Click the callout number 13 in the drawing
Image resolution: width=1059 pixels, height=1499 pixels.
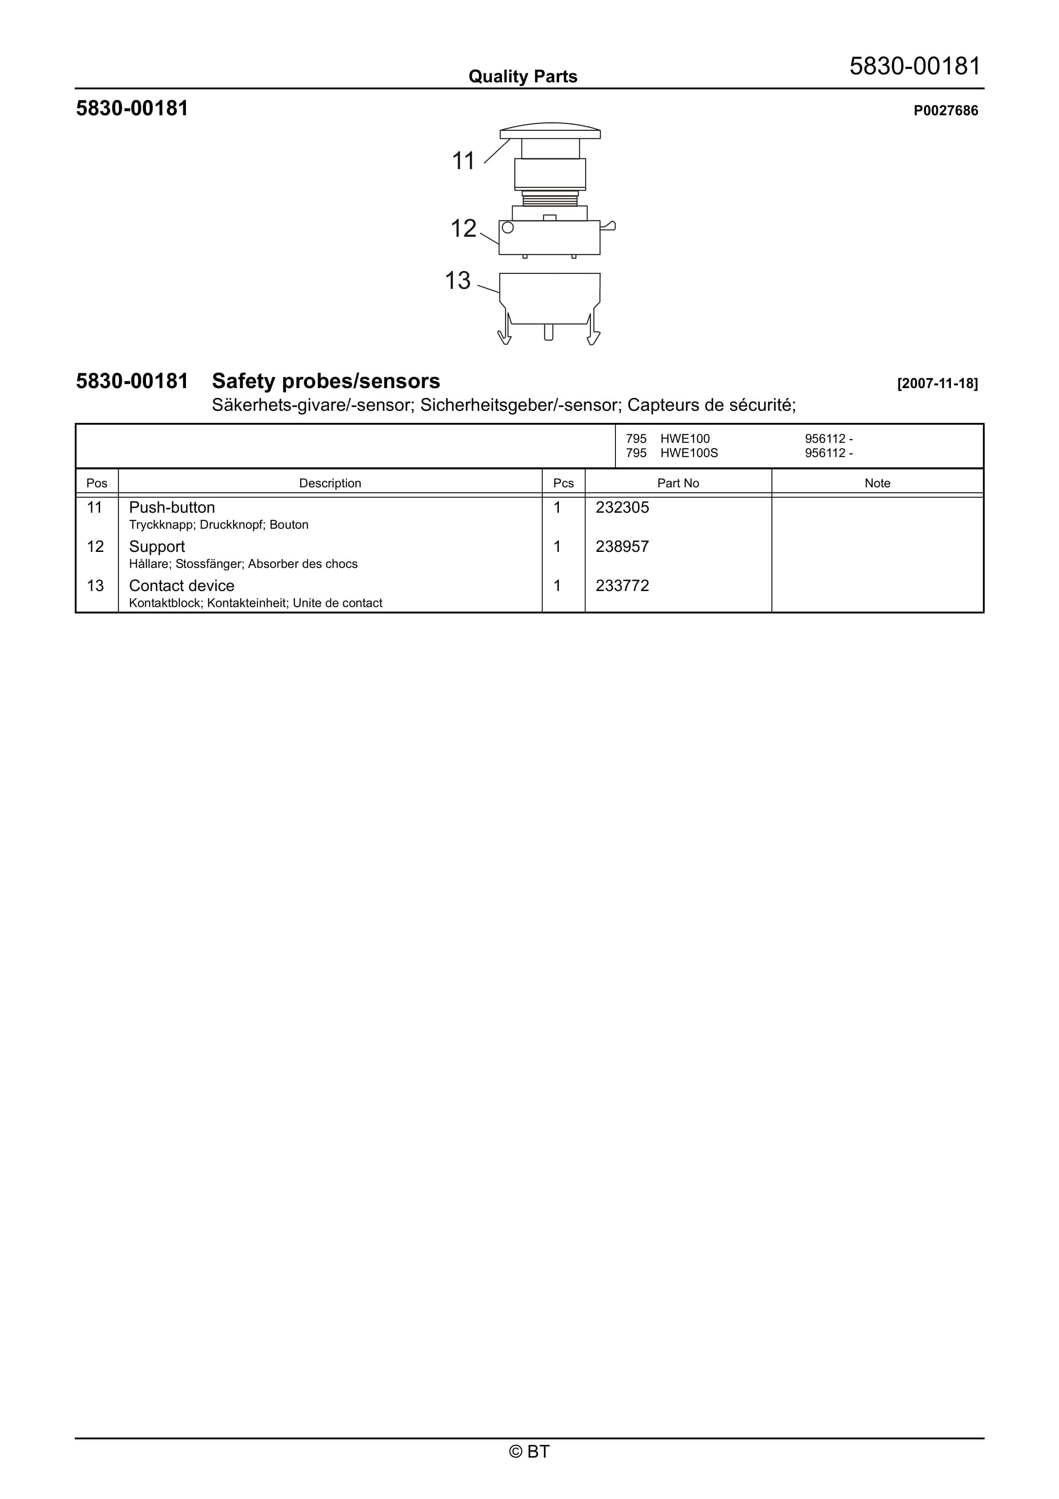coord(458,281)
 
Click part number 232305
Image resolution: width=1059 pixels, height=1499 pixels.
coord(622,507)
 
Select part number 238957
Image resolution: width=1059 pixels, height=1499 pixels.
coord(622,547)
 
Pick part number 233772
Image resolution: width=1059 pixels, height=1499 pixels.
coord(622,586)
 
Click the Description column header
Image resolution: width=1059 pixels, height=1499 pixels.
coord(330,483)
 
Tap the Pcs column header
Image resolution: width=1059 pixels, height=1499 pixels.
coord(563,483)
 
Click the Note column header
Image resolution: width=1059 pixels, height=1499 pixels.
coord(877,483)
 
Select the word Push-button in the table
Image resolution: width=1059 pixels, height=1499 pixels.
coord(172,507)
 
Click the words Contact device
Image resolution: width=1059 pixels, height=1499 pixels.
coord(182,586)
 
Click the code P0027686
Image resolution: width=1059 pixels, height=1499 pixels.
coord(946,111)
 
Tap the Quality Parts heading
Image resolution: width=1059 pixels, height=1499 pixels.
coord(523,77)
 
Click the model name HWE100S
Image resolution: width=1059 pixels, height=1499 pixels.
coord(689,453)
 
